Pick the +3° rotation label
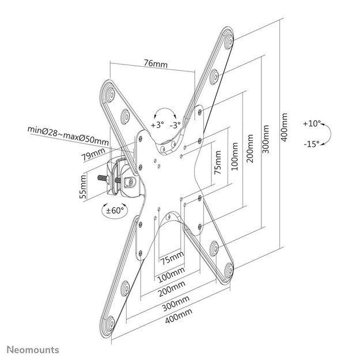click(157, 124)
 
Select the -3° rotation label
click(175, 124)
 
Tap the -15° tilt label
click(312, 145)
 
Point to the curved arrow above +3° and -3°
click(166, 112)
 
